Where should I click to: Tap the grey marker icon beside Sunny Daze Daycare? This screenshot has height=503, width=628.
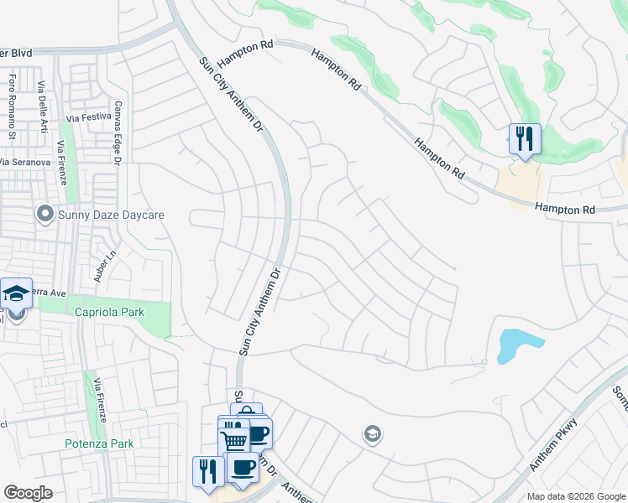[x=45, y=215]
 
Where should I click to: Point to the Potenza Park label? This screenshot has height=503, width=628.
[x=99, y=443]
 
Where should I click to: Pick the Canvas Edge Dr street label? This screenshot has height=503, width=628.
[x=118, y=132]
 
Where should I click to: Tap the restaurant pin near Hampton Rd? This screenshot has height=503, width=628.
[x=525, y=139]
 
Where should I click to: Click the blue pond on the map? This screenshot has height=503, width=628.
[x=519, y=345]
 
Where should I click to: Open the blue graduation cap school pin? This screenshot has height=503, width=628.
[x=16, y=293]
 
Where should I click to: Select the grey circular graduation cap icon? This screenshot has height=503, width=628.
[x=372, y=433]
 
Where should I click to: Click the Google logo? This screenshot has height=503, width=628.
[x=28, y=493]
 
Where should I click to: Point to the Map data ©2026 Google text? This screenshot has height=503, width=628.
[x=576, y=496]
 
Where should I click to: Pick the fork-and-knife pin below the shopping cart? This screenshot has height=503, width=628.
[x=207, y=470]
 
